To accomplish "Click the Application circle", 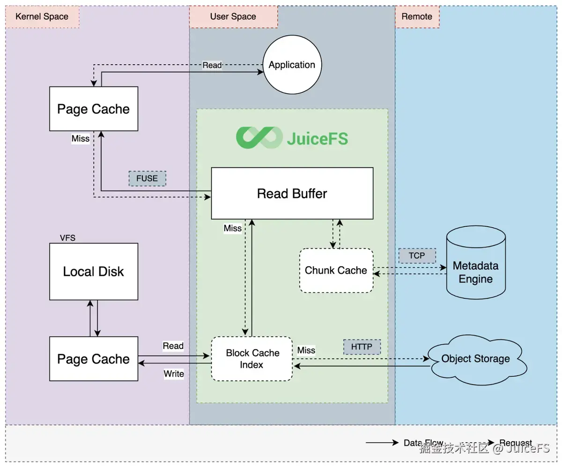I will pyautogui.click(x=292, y=65).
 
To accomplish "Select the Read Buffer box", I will pyautogui.click(x=292, y=193).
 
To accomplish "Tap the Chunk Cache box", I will pyautogui.click(x=336, y=270).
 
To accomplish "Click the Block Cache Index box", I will pyautogui.click(x=252, y=358).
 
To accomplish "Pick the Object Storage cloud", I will pyautogui.click(x=475, y=359).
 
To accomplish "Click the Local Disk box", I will pyautogui.click(x=94, y=272).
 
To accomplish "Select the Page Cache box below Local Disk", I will pyautogui.click(x=94, y=359).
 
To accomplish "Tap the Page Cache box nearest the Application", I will pyautogui.click(x=94, y=109).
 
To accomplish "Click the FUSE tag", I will pyautogui.click(x=147, y=178).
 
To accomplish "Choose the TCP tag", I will pyautogui.click(x=417, y=256).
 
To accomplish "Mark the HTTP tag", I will pyautogui.click(x=362, y=347).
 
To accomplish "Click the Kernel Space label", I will pyautogui.click(x=42, y=16).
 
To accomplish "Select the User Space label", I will pyautogui.click(x=233, y=16).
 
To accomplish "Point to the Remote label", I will pyautogui.click(x=417, y=16).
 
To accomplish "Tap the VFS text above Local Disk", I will pyautogui.click(x=67, y=238).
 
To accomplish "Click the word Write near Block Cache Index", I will pyautogui.click(x=173, y=374).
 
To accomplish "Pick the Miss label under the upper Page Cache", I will pyautogui.click(x=81, y=139).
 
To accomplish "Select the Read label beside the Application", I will pyautogui.click(x=212, y=65).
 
